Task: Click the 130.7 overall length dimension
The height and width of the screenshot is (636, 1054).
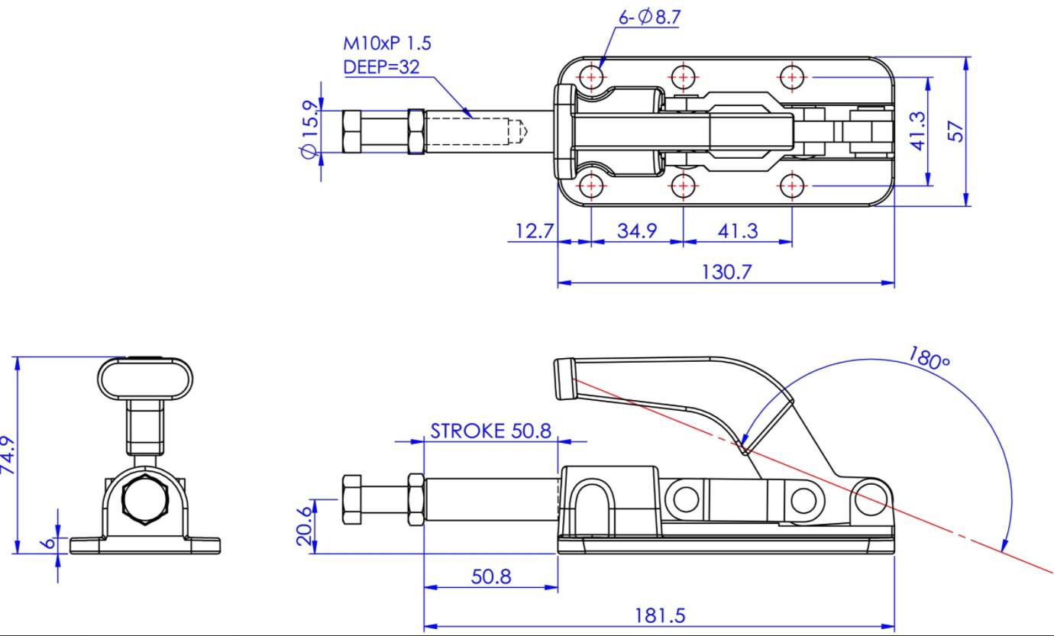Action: [726, 272]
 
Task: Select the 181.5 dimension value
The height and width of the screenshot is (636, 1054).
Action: [660, 616]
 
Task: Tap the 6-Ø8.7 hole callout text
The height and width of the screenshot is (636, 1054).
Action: [649, 18]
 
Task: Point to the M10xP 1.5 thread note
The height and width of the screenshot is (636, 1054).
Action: [386, 44]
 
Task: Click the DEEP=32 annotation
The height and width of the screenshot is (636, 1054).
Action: [381, 67]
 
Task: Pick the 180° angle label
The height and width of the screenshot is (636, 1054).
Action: [930, 358]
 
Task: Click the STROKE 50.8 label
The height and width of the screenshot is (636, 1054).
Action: [491, 431]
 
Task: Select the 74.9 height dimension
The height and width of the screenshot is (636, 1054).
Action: [8, 455]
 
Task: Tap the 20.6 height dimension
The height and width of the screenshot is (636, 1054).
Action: [305, 526]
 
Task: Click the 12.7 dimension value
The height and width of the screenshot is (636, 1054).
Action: [535, 231]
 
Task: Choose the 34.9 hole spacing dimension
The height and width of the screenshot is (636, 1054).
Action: [637, 231]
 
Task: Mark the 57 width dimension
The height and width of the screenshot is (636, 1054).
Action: [955, 131]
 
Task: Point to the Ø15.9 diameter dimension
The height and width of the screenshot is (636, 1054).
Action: [309, 129]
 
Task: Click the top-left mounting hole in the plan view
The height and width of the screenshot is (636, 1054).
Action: [591, 77]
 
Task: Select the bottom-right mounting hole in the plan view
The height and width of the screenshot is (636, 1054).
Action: [792, 186]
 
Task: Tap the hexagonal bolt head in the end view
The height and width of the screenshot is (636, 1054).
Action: [145, 499]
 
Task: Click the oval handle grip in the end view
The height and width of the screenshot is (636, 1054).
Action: [145, 379]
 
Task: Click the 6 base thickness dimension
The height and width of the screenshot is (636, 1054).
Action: [48, 544]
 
